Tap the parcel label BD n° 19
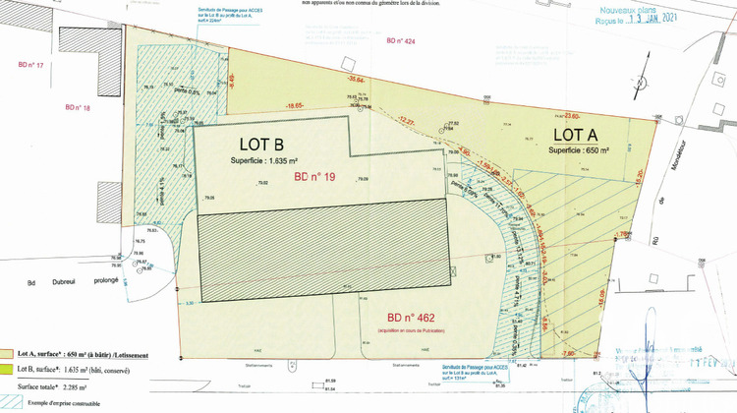(x=314, y=177)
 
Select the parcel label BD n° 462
(x=411, y=318)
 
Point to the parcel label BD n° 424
(x=401, y=41)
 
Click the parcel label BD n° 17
(x=32, y=65)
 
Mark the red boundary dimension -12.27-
(x=405, y=120)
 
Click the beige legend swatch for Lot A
(x=7, y=351)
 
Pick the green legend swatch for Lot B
(x=7, y=369)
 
